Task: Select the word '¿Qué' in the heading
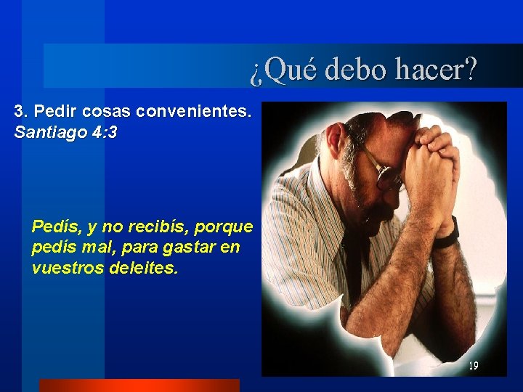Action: [283, 70]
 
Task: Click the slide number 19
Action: [473, 365]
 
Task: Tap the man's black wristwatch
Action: [448, 234]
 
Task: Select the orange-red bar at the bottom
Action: [139, 385]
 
